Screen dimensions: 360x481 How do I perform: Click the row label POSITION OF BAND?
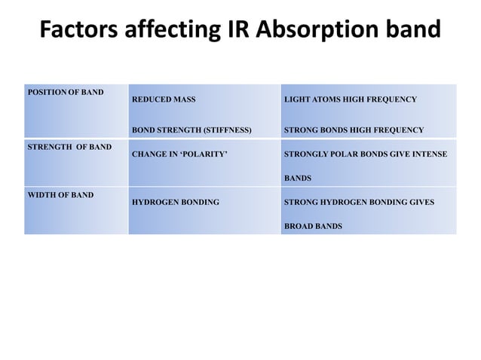(66, 92)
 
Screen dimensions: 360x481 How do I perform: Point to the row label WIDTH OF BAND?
(61, 195)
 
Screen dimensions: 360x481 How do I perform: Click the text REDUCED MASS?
(164, 99)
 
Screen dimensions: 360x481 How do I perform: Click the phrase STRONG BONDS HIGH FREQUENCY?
(354, 130)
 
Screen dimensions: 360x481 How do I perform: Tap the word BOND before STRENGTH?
(144, 130)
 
